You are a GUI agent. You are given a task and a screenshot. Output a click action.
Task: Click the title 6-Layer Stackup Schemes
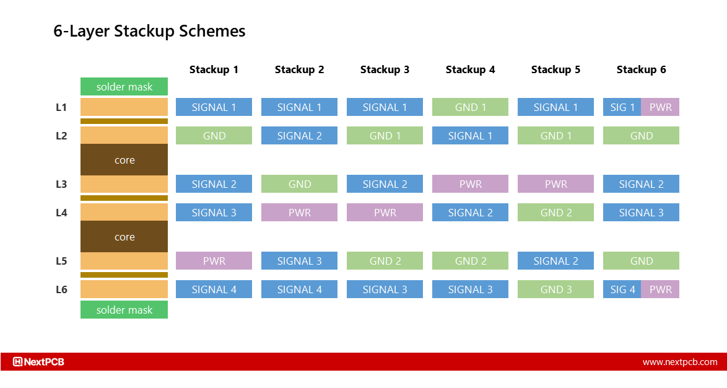click(x=149, y=32)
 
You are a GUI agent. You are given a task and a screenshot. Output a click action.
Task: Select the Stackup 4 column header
click(x=470, y=69)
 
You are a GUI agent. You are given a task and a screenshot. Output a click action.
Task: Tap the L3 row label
click(x=61, y=184)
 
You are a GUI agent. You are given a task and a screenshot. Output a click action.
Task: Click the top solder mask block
click(x=124, y=87)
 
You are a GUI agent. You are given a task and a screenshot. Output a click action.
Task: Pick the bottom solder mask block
click(x=124, y=310)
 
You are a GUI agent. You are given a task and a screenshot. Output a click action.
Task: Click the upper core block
click(x=124, y=160)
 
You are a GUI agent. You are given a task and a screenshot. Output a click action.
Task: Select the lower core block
click(x=124, y=237)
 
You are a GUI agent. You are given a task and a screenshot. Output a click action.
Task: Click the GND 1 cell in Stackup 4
click(x=470, y=107)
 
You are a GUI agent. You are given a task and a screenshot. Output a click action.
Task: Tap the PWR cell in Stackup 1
click(x=214, y=261)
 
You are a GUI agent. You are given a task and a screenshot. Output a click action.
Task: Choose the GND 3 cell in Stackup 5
click(x=555, y=289)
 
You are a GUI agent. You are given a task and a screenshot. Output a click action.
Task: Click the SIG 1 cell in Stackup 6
click(x=622, y=107)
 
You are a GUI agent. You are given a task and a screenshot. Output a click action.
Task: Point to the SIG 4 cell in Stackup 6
click(x=622, y=289)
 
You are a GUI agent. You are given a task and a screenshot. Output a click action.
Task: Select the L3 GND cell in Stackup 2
click(x=299, y=184)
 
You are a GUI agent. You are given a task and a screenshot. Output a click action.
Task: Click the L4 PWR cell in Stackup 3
click(x=385, y=213)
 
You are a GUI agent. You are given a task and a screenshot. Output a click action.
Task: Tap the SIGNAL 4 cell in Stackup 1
click(x=214, y=289)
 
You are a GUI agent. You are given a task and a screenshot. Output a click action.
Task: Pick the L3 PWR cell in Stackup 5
click(x=555, y=184)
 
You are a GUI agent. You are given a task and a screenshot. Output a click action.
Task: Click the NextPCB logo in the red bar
click(x=39, y=362)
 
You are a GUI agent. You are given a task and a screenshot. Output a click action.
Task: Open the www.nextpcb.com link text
click(x=679, y=362)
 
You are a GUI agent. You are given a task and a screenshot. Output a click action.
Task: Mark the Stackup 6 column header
click(x=641, y=69)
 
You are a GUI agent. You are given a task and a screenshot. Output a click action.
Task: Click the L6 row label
click(x=61, y=289)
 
